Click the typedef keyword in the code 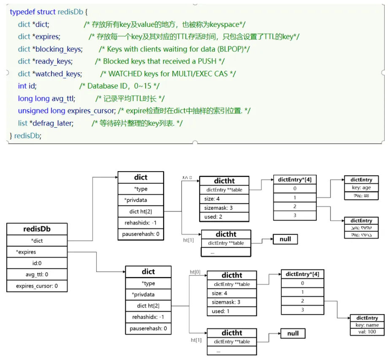[22, 12]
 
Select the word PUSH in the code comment [208, 61]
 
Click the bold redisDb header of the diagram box [37, 229]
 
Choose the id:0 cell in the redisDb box [37, 263]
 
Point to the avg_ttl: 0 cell [37, 274]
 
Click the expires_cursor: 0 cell [37, 286]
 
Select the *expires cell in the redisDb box [26, 252]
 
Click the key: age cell [361, 188]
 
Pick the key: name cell [367, 325]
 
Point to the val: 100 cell [367, 332]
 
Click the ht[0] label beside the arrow [195, 272]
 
